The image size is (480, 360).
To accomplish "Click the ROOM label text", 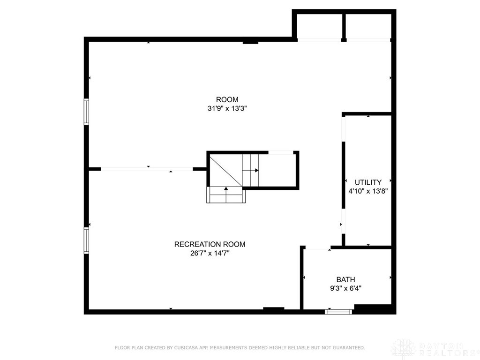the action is point(227,99).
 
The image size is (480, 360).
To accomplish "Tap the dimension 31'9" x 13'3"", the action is point(227,108).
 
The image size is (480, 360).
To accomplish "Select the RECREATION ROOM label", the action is point(210,244).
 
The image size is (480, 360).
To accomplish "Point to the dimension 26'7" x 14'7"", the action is point(210,253).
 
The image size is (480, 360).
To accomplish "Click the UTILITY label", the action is point(368,182).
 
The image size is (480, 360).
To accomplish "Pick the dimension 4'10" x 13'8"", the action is point(368,191).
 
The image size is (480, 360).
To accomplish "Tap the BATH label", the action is point(345,279).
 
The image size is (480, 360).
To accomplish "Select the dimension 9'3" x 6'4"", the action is point(345,288).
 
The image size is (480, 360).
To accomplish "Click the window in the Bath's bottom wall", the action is point(338,312).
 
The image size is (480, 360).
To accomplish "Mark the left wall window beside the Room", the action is point(86,112).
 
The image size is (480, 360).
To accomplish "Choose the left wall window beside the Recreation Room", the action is point(86,240).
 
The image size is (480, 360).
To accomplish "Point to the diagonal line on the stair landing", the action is point(226,171).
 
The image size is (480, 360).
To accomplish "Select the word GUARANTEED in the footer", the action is point(349,348).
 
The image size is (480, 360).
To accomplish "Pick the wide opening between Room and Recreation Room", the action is point(147,169).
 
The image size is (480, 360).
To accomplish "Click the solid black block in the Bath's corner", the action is point(373,309).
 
